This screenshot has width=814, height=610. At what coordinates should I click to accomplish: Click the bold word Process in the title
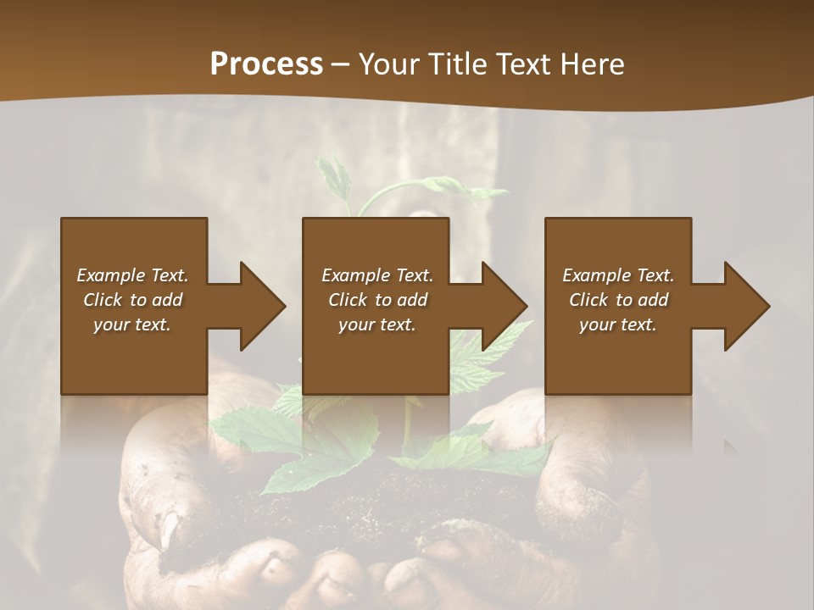[266, 64]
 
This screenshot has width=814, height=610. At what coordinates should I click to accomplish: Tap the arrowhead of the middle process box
[506, 306]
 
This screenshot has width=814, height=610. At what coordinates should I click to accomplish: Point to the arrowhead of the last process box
[749, 306]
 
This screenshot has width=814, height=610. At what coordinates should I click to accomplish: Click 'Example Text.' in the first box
[133, 275]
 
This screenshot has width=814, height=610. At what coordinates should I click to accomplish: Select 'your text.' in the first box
[133, 324]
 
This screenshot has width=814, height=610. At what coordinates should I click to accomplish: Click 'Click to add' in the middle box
[377, 300]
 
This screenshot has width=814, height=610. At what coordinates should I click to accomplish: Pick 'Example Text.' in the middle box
[377, 275]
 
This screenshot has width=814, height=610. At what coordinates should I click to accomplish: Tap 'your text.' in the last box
[618, 324]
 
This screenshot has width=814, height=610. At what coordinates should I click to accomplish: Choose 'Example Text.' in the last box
[618, 275]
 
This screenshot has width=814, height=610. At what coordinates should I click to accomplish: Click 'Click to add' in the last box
[618, 300]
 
